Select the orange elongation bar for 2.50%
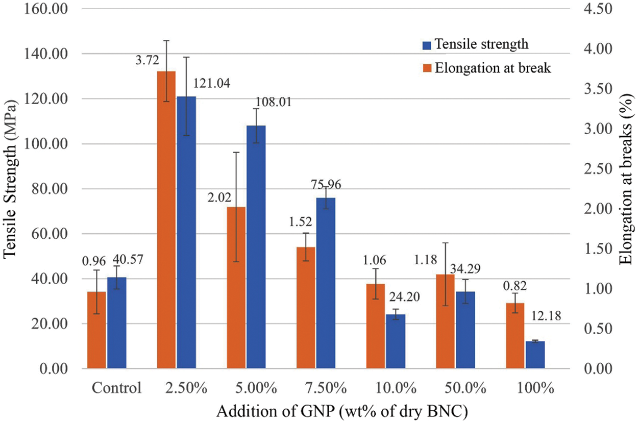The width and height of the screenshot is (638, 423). coord(166,219)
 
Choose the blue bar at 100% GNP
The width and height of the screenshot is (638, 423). coord(535,355)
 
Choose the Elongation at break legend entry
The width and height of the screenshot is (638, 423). coord(493,68)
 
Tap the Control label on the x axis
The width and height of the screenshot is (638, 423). coord(116,388)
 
